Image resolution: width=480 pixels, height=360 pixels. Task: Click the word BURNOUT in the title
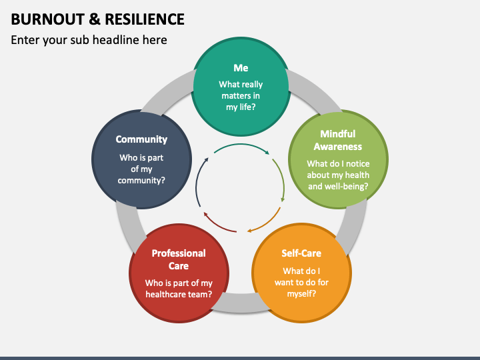(48, 19)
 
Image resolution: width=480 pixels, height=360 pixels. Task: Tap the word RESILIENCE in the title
(145, 19)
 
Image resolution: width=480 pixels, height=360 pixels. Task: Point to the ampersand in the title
(95, 19)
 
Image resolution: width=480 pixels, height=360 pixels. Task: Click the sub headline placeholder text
(89, 40)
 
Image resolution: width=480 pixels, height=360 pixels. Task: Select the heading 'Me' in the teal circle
(241, 67)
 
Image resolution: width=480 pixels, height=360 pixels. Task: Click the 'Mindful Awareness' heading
(338, 140)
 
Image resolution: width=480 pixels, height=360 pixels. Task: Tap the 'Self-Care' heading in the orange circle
(301, 253)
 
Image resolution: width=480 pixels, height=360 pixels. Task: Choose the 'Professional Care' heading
(179, 259)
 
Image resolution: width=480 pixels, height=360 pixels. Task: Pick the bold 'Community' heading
(141, 139)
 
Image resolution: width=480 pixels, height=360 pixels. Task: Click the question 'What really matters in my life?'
(241, 95)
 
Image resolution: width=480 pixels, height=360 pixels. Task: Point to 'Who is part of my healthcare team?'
(179, 289)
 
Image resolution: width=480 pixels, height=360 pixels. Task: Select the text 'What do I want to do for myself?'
(301, 282)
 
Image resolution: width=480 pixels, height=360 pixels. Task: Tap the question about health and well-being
(338, 175)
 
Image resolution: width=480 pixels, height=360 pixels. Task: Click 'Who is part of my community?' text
(141, 169)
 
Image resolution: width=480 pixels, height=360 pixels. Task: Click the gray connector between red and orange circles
(241, 303)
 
